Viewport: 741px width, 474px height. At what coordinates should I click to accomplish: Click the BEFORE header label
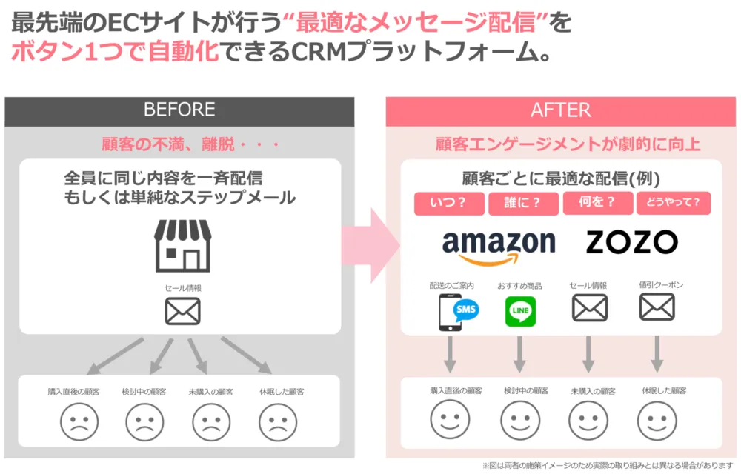point(179,110)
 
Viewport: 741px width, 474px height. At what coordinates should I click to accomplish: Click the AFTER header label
point(560,110)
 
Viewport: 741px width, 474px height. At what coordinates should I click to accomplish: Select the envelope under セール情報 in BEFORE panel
point(182,311)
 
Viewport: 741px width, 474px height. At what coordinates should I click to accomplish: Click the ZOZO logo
point(631,242)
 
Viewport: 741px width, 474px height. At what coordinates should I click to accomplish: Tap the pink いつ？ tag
point(449,203)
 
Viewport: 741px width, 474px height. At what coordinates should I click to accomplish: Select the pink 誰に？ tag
point(523,203)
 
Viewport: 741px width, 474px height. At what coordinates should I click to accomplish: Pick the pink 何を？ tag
point(597,203)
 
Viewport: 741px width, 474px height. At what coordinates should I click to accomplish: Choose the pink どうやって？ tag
point(673,203)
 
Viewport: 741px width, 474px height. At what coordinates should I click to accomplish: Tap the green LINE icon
point(520,311)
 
